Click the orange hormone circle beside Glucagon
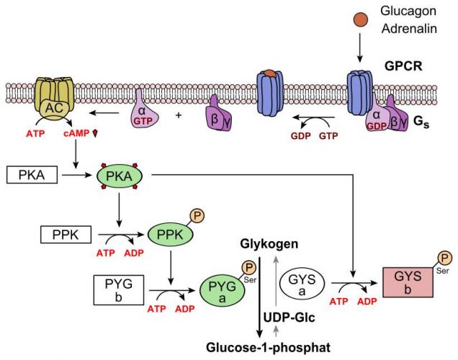pos(361,20)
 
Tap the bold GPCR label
pos(403,66)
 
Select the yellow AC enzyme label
pos(55,108)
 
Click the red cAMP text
pos(76,133)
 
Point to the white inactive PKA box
pos(32,175)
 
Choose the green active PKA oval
pos(119,176)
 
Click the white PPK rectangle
pos(66,235)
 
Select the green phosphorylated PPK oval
pos(170,235)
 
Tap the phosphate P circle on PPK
pos(197,216)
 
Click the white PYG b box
pos(119,290)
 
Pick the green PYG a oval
pos(223,290)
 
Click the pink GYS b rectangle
pos(408,282)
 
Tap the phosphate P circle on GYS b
pos(444,258)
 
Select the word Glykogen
pos(269,244)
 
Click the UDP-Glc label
pos(289,318)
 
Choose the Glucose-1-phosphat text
pos(269,348)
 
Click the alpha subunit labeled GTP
pos(144,111)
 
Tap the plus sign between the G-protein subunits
pos(179,115)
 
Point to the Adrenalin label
pos(409,29)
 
